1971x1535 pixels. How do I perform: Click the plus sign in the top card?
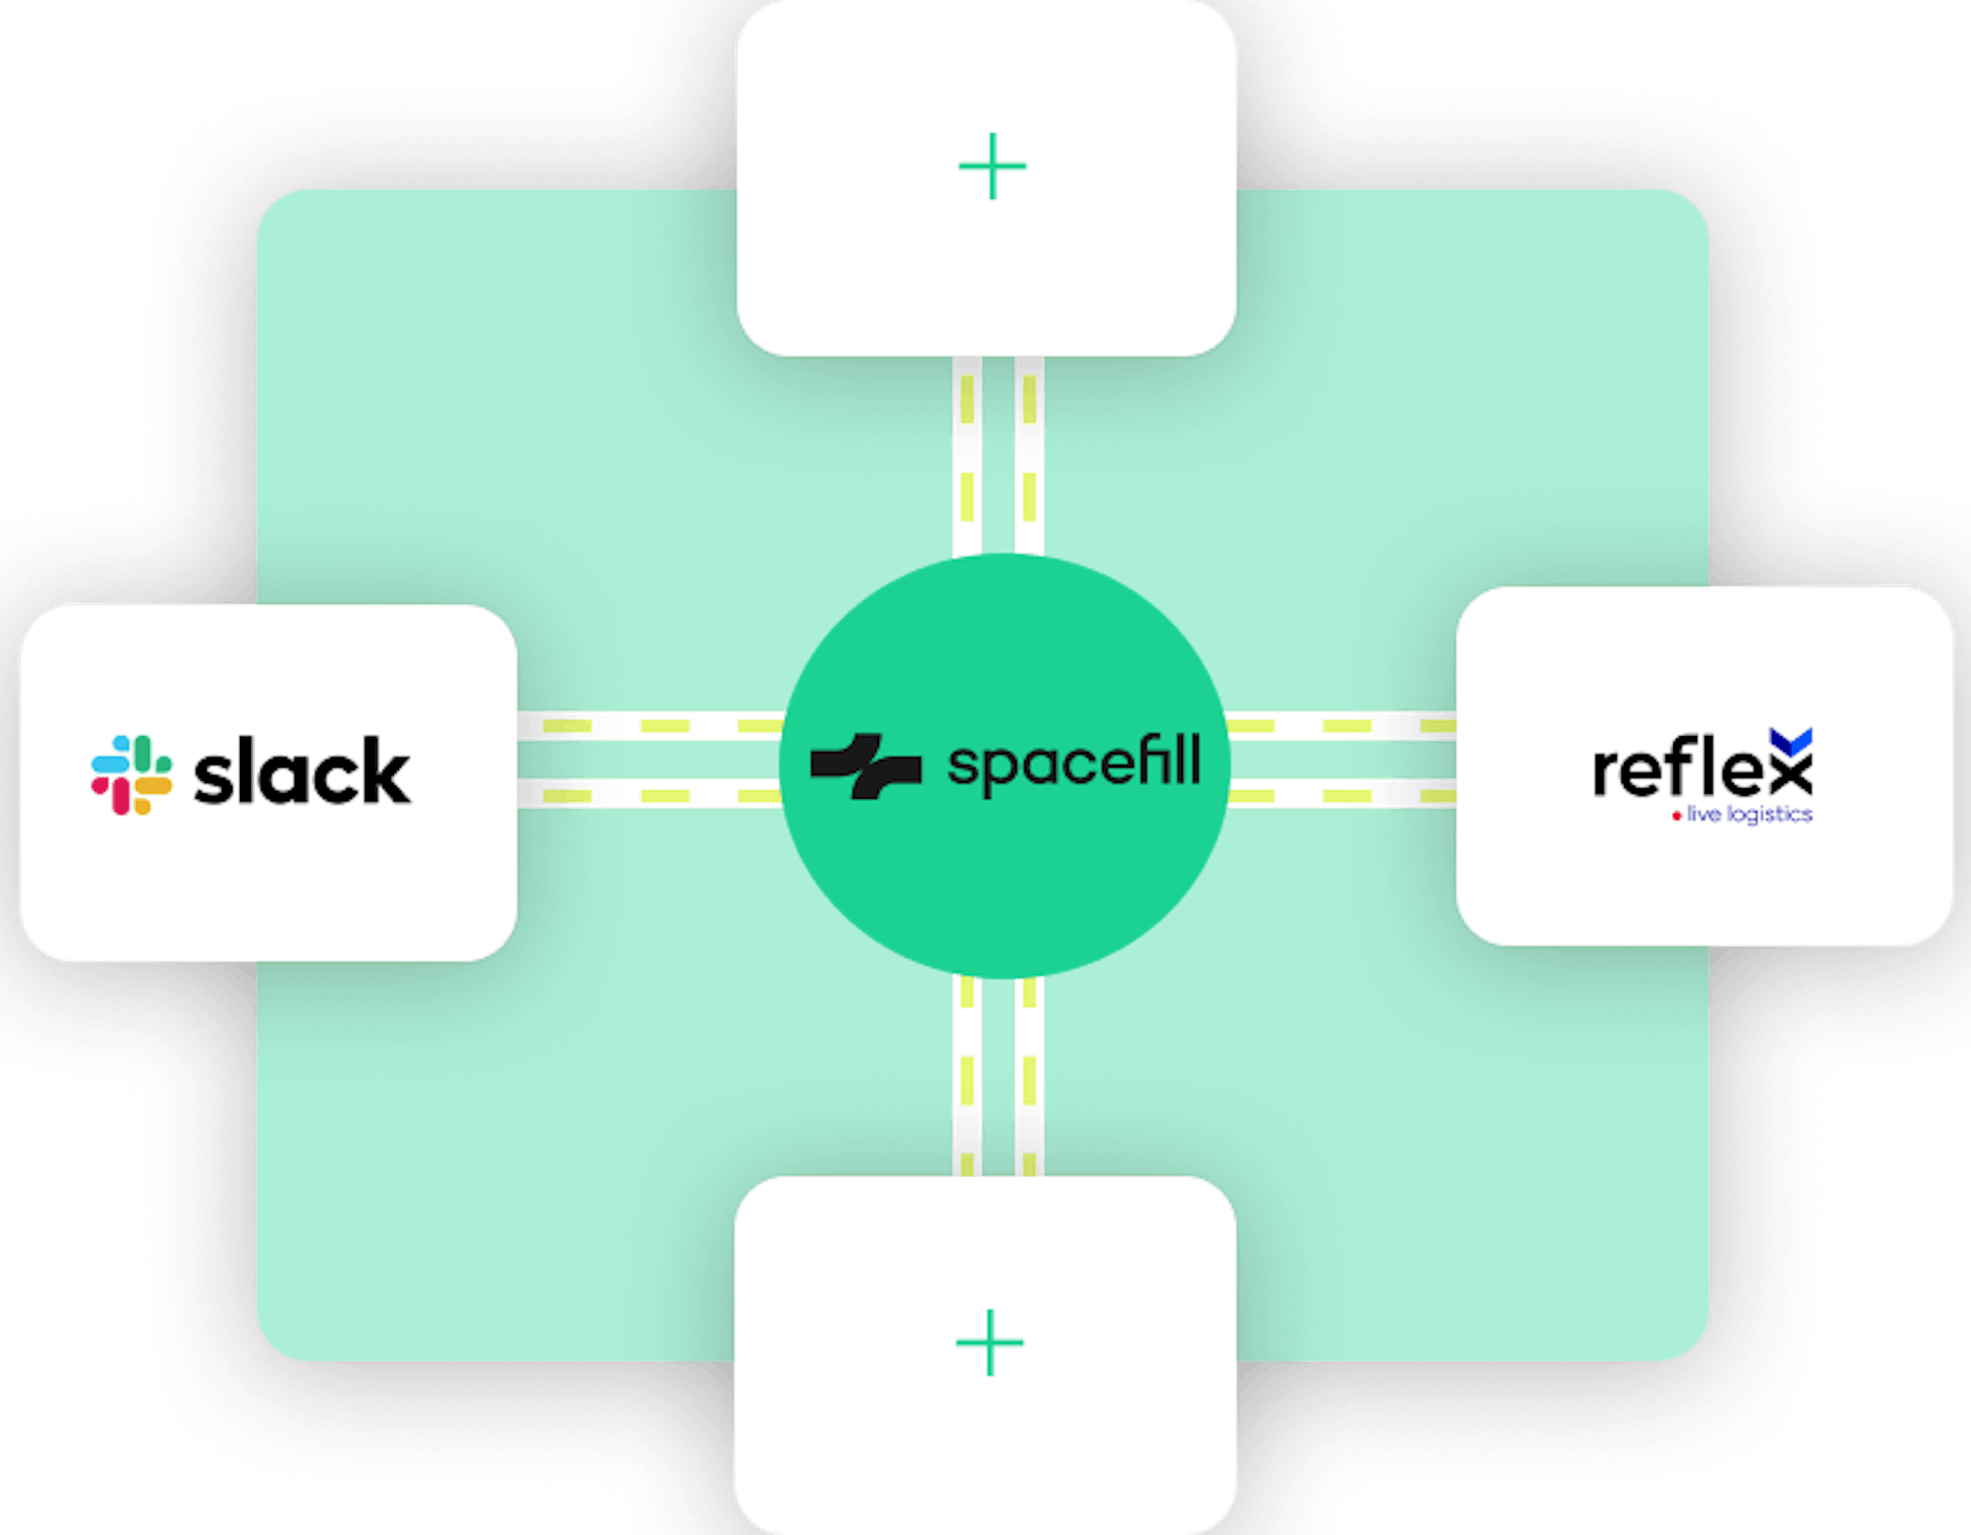click(x=992, y=166)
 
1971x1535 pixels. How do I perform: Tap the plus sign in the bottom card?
click(x=990, y=1342)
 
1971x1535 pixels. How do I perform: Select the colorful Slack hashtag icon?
click(x=131, y=775)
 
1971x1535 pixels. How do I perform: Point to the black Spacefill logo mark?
click(x=866, y=765)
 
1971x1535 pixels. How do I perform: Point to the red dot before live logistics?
click(x=1677, y=816)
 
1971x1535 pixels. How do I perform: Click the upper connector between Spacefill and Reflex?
click(x=1342, y=726)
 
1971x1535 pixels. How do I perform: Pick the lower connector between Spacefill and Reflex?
click(x=1342, y=795)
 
